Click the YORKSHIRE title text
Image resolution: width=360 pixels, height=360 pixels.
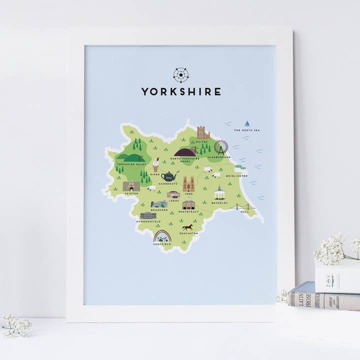[x=180, y=92]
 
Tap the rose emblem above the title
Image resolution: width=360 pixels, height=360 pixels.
[x=180, y=75]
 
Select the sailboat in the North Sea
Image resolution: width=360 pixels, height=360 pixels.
[x=247, y=123]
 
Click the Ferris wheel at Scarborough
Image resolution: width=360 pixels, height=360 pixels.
[x=220, y=147]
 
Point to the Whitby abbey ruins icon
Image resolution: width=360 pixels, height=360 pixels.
[x=203, y=132]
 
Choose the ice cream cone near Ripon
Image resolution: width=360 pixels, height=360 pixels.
[x=156, y=164]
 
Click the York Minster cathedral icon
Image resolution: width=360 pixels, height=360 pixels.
[x=188, y=184]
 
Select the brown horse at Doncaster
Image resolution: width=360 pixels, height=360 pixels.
[x=187, y=227]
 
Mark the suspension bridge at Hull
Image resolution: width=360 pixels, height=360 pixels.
[x=243, y=206]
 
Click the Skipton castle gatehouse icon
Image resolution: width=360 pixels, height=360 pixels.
[x=131, y=186]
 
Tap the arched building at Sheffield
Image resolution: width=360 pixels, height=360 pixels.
[x=162, y=236]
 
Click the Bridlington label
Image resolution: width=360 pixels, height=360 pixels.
[x=236, y=176]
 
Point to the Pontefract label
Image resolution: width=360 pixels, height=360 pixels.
[x=189, y=211]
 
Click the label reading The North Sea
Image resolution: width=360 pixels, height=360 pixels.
[x=247, y=130]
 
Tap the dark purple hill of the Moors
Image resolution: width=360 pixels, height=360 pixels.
[x=185, y=151]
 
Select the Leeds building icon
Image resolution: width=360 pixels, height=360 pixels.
[x=173, y=194]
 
